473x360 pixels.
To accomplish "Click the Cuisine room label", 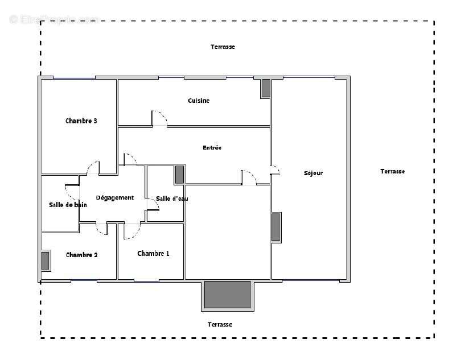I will click(199, 101).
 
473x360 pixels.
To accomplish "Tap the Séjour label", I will click(313, 173).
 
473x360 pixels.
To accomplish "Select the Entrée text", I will click(212, 148).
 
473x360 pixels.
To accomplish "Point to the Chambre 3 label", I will click(81, 121).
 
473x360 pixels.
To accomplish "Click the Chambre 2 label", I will click(81, 255).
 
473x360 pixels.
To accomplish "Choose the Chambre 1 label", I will click(153, 254).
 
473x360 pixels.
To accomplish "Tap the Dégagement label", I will click(114, 197).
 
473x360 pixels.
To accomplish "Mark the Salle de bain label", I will click(68, 205).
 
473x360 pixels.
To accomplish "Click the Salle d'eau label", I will click(171, 198).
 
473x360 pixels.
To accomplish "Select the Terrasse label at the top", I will click(223, 47).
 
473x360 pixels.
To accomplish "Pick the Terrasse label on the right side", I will click(392, 171).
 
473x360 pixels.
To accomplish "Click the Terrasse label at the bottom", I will click(220, 324).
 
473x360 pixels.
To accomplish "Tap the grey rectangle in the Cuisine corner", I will click(266, 88).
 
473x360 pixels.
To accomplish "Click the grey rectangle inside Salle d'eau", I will click(179, 175).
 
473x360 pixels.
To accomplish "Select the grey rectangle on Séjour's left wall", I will click(276, 227).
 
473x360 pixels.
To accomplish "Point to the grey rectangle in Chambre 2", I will click(45, 260).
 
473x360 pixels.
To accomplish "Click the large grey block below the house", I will click(228, 294).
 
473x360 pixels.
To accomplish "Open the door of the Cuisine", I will click(159, 118).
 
